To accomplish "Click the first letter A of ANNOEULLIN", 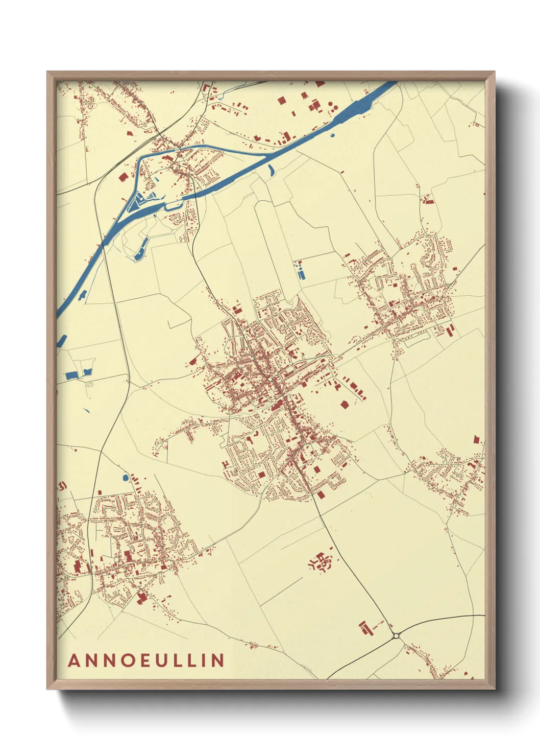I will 74,660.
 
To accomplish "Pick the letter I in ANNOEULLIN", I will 205,660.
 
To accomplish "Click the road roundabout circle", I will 396,636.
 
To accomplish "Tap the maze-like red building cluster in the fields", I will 321,562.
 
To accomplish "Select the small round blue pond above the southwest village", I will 125,478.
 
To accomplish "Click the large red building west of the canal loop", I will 122,177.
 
